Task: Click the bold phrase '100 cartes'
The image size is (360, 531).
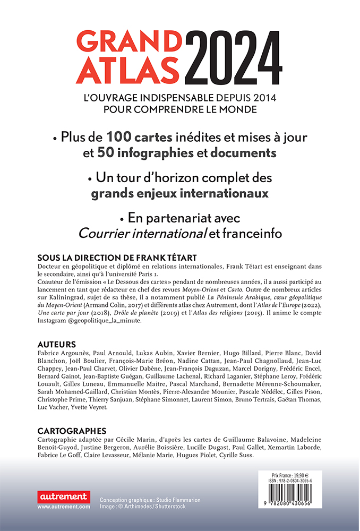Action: pyautogui.click(x=140, y=137)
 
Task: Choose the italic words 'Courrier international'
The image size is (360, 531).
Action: pyautogui.click(x=142, y=233)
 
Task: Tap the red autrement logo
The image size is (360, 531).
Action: pyautogui.click(x=63, y=497)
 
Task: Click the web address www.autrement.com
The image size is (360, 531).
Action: pyautogui.click(x=64, y=507)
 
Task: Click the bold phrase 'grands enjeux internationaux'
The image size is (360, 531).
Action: pyautogui.click(x=179, y=193)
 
